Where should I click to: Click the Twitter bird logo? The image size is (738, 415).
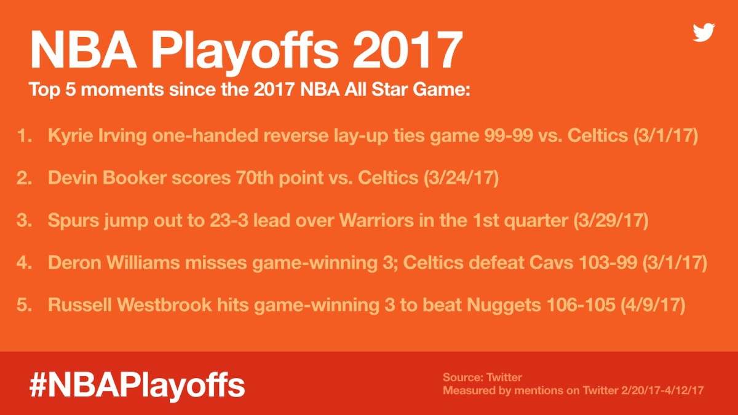704,33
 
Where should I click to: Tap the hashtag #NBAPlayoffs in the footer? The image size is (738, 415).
137,384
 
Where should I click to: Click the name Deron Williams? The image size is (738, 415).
108,263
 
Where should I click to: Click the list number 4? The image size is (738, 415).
24,263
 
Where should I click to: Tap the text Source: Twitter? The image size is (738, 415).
482,377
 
